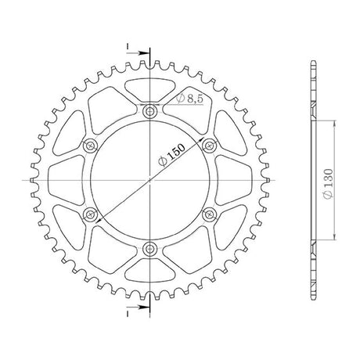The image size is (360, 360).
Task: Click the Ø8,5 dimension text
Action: coord(189,99)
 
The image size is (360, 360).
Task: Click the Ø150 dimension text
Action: coord(171,154)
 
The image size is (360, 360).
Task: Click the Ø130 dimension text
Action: coord(328,183)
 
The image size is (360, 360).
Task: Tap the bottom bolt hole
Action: coord(149,248)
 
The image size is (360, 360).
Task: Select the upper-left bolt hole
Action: coord(91,146)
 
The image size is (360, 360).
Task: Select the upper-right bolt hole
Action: coord(209,145)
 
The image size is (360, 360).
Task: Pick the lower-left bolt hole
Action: coord(91,214)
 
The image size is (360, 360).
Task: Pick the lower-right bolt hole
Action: coord(209,214)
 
